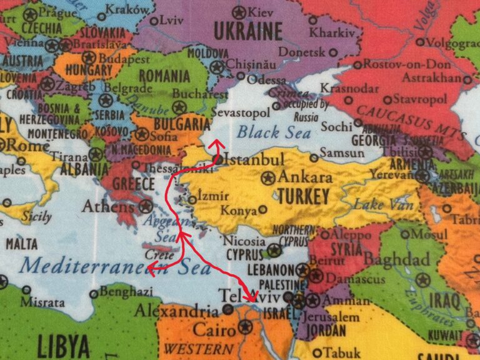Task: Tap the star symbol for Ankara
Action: [269, 177]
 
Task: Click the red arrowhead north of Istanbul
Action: [217, 144]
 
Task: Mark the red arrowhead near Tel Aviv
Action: [251, 298]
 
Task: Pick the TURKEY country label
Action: [303, 197]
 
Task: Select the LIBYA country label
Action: [64, 344]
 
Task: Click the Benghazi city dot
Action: [94, 293]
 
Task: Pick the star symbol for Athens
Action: [146, 206]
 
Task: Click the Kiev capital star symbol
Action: [238, 12]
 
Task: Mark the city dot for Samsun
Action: [314, 157]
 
